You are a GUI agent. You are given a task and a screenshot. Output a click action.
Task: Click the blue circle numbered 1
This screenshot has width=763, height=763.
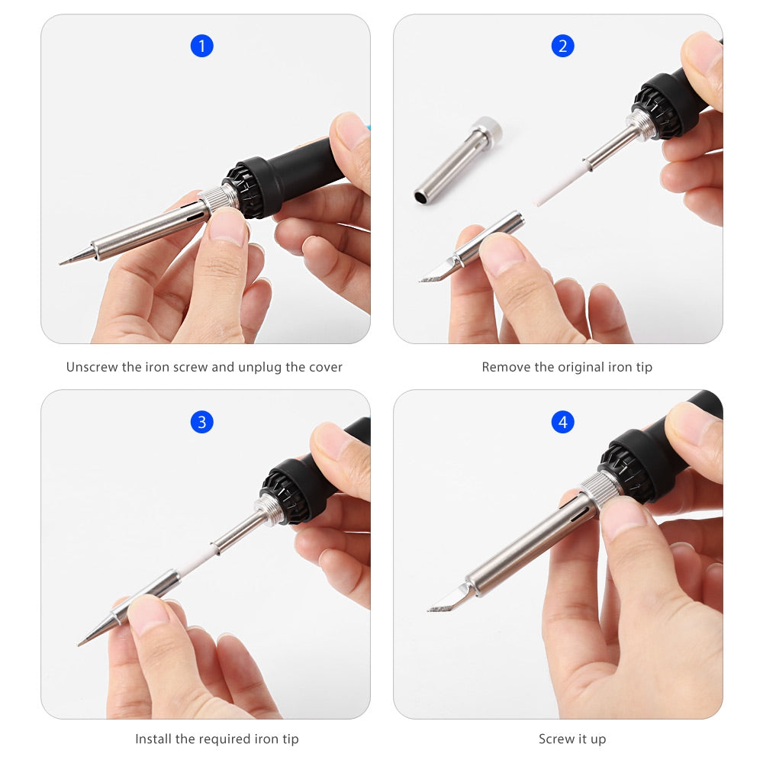pos(202,46)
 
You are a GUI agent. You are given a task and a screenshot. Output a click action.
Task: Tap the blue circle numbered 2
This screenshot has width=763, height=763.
pos(562,46)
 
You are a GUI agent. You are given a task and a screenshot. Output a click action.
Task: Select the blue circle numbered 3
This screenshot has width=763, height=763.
pos(202,422)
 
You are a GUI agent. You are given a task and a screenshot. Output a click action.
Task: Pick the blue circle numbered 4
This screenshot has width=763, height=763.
pos(562,422)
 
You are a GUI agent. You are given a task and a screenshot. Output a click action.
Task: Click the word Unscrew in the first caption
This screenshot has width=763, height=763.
pos(92,367)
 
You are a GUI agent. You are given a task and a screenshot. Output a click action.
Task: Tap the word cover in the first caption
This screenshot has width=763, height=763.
pos(326,368)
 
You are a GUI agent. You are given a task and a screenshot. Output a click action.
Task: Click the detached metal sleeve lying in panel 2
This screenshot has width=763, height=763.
pos(457,160)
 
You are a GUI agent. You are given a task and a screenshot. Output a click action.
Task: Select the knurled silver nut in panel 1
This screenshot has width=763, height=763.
pos(218,198)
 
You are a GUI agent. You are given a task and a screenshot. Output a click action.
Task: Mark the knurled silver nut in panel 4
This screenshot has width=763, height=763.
pos(600,489)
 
